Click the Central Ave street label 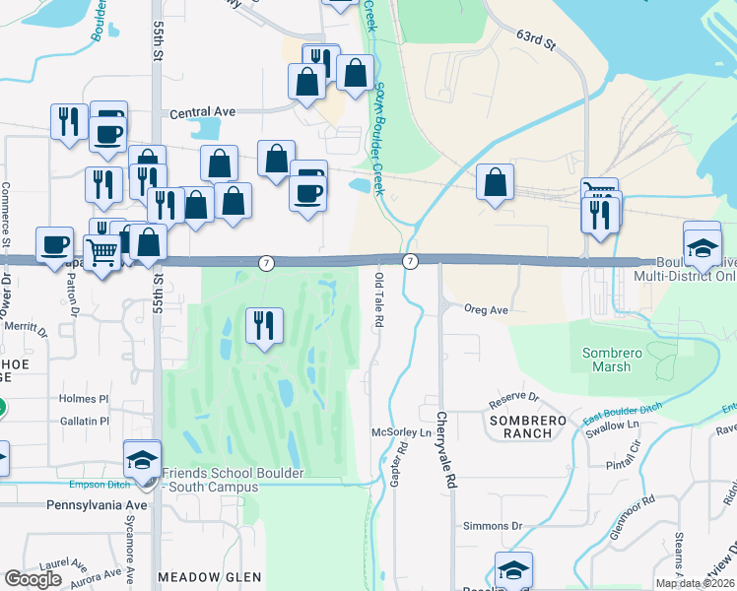coord(202,112)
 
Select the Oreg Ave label coord(486,309)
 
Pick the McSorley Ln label coord(402,432)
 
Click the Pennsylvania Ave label coord(96,504)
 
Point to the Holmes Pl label coord(83,399)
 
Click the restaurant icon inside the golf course coord(264,326)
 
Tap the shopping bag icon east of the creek coord(495,183)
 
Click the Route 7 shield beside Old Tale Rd coord(411,260)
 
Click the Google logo coord(33,579)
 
